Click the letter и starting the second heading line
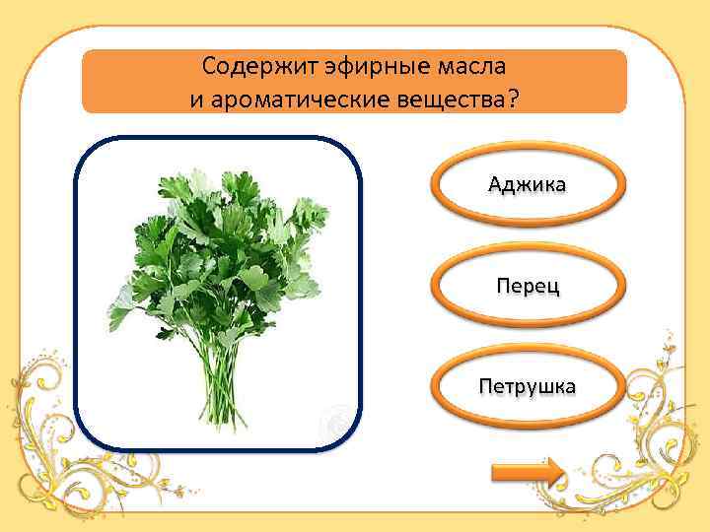pyautogui.click(x=195, y=100)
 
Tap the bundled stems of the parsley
pyautogui.click(x=219, y=369)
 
